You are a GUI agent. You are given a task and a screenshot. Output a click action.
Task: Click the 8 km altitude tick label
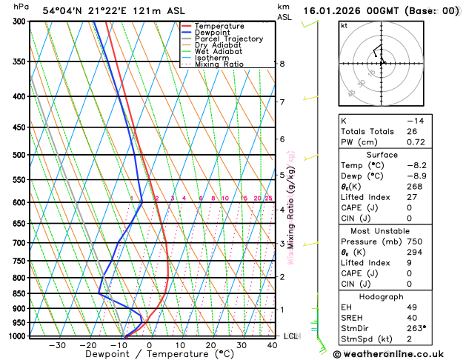(282, 64)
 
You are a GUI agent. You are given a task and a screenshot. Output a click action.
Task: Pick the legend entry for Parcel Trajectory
(229, 39)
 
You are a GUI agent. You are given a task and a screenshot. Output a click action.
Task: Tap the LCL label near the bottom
(290, 336)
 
